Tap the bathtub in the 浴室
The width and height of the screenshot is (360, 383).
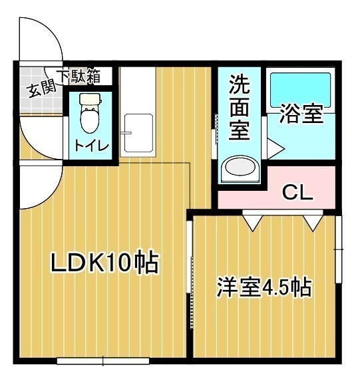[300, 90]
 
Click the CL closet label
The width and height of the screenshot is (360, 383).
[297, 192]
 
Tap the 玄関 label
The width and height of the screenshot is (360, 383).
[42, 90]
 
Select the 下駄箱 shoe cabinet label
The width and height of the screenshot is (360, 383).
[79, 76]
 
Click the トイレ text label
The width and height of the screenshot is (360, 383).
[91, 146]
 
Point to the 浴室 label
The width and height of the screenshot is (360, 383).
[301, 114]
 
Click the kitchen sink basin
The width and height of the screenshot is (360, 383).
[138, 134]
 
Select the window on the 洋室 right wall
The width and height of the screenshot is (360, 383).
[338, 249]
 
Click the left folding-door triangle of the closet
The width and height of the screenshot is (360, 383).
[253, 223]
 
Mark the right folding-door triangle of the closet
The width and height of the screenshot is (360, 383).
[313, 223]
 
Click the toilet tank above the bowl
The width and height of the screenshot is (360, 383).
[90, 99]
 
